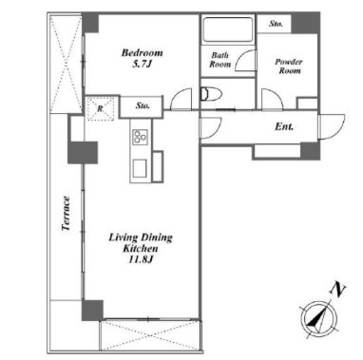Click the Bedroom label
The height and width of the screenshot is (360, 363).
pyautogui.click(x=143, y=52)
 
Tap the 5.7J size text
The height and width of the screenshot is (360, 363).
pyautogui.click(x=143, y=65)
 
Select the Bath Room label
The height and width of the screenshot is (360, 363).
pyautogui.click(x=220, y=60)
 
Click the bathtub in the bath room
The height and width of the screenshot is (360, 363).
pyautogui.click(x=228, y=29)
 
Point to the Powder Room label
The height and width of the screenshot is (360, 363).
pyautogui.click(x=289, y=66)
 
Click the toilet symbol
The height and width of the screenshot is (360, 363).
pyautogui.click(x=211, y=94)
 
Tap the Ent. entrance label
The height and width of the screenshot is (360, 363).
pyautogui.click(x=284, y=126)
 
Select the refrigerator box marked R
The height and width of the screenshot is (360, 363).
pyautogui.click(x=101, y=108)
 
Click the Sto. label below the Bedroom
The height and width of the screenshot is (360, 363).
pyautogui.click(x=143, y=105)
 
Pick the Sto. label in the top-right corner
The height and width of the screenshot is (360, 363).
pyautogui.click(x=276, y=24)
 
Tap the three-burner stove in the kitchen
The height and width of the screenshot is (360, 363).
pyautogui.click(x=141, y=137)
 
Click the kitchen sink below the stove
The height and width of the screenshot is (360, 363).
pyautogui.click(x=140, y=168)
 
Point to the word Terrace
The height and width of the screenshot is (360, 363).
pyautogui.click(x=66, y=214)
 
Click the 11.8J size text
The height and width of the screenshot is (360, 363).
pyautogui.click(x=141, y=260)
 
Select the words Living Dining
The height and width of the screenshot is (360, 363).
pyautogui.click(x=141, y=237)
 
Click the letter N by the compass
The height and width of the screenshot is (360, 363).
pyautogui.click(x=337, y=290)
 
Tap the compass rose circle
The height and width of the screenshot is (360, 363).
pyautogui.click(x=317, y=318)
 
